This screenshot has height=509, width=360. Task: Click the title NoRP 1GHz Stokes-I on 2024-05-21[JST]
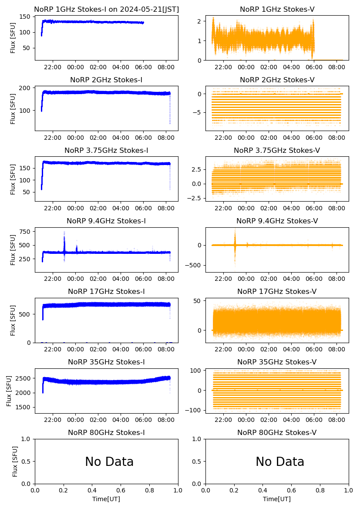tap(106, 9)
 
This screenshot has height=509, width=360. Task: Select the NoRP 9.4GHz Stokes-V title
tap(277, 221)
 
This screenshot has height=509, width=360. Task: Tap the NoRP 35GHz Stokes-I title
tap(106, 362)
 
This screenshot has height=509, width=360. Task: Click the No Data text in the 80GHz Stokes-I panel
tap(109, 462)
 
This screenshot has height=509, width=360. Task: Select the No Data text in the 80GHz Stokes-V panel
tap(280, 462)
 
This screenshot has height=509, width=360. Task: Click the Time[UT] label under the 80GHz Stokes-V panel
tap(277, 499)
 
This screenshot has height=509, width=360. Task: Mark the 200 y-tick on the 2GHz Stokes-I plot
tap(25, 88)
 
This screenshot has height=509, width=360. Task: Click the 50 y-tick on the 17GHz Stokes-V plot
tap(196, 301)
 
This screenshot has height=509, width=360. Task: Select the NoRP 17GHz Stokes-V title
tap(277, 291)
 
